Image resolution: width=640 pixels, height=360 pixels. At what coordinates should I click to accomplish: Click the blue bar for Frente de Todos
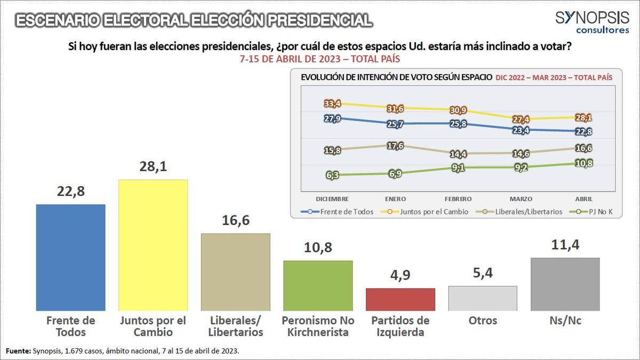coord(70,257)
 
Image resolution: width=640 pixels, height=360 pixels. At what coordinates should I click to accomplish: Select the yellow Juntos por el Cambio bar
coord(153,245)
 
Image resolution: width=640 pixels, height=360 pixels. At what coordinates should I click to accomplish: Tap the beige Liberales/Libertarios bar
coord(236,272)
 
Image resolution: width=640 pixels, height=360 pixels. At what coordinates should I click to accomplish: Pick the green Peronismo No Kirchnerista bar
coord(318,285)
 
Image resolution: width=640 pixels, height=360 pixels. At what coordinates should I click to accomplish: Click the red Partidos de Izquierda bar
coord(401,299)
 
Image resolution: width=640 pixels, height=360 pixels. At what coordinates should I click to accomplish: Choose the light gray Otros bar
coord(483,298)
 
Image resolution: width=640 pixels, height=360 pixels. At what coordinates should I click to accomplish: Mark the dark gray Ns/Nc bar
coord(565,284)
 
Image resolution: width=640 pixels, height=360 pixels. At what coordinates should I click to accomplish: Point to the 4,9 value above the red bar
coord(401,276)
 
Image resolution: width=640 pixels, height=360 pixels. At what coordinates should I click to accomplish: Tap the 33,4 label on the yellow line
coord(332,103)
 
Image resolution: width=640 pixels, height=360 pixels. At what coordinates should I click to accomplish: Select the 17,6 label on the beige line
coord(395,146)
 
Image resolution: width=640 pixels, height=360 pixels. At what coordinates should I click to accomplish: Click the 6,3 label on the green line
coord(332,174)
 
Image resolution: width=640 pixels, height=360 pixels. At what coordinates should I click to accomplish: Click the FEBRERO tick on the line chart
coord(457,198)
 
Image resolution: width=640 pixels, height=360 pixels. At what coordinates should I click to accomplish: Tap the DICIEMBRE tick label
coord(332,198)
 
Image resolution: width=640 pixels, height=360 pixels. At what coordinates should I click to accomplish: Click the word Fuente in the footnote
coord(18,350)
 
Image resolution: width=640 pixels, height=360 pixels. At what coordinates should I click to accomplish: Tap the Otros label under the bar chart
coord(483,321)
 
